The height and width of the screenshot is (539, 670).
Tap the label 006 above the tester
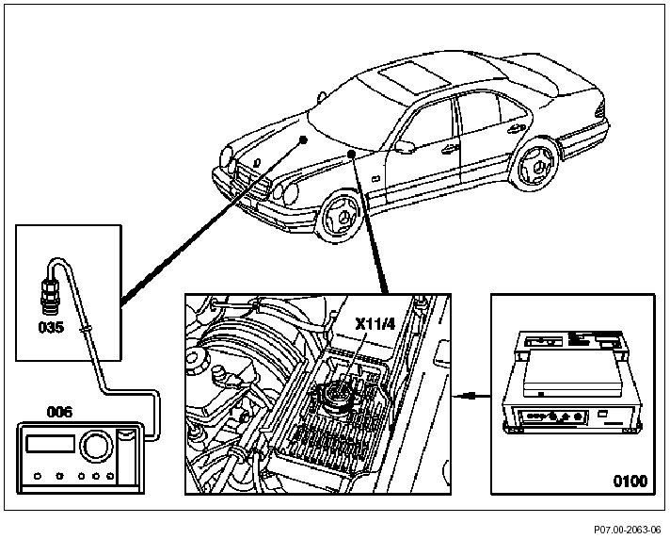59,412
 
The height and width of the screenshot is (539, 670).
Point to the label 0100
630,481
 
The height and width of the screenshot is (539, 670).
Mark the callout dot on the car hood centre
303,138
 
